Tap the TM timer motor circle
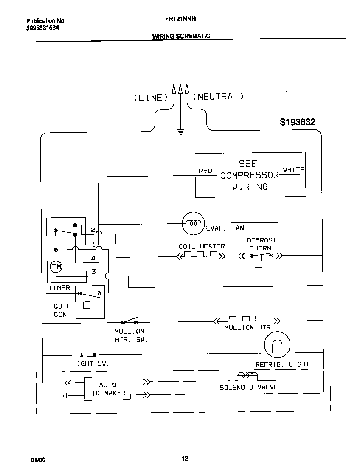coord(56,267)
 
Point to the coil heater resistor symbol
coord(200,255)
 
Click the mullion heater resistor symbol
coord(246,319)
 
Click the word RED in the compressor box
coord(205,171)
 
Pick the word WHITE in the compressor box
coord(293,170)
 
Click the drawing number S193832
coord(297,122)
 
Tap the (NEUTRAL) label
coord(218,97)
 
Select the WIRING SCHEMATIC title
coord(181,36)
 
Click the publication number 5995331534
coord(42,28)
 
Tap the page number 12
coord(185,458)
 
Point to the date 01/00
coord(38,460)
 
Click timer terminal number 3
coord(93,272)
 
